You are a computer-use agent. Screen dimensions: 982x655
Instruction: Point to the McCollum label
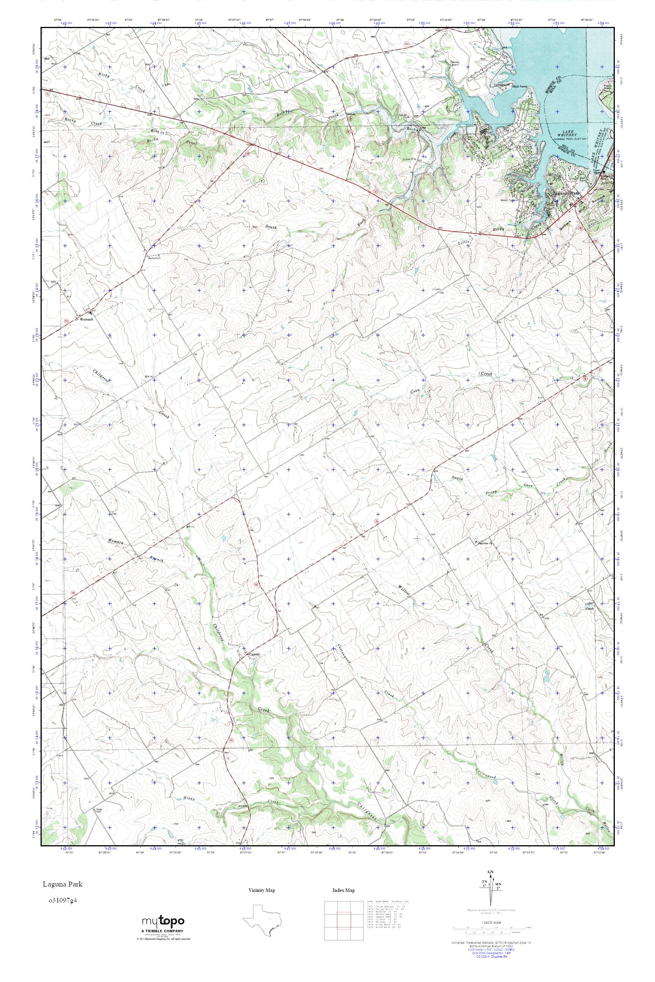click(x=155, y=258)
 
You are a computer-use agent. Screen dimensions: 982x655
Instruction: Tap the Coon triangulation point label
click(x=437, y=289)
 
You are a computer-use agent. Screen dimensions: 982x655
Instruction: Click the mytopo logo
click(x=163, y=941)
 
